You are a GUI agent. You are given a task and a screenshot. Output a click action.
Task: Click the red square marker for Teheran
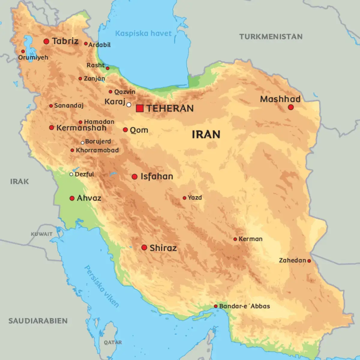(x=139, y=108)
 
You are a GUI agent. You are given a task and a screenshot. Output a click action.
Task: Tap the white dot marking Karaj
(x=129, y=105)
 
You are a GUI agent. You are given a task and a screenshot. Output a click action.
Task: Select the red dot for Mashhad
(x=290, y=107)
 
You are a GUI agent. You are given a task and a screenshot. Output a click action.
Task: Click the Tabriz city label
(x=65, y=41)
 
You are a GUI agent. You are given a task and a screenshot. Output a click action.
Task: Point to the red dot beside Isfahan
(x=135, y=177)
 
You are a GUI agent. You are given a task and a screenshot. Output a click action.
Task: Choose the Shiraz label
(x=163, y=248)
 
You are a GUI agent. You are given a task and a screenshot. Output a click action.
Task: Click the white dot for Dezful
(x=71, y=174)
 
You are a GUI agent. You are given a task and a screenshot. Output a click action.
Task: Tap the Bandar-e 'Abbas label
(x=244, y=306)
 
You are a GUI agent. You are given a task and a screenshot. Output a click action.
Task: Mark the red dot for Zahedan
(x=309, y=261)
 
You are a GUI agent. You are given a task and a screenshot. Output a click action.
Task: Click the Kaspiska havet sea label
(x=143, y=33)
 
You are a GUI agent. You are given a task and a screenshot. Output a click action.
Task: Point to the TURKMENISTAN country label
(x=271, y=37)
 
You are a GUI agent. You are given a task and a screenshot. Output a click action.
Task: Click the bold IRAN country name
(x=206, y=134)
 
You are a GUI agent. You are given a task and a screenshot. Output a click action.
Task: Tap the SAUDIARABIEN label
(x=38, y=321)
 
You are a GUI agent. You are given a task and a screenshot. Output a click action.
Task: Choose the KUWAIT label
(x=42, y=234)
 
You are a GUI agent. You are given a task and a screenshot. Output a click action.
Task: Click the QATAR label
(x=113, y=342)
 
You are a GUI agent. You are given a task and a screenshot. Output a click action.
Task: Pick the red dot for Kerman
(x=235, y=239)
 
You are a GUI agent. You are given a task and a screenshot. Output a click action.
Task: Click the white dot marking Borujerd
(x=82, y=143)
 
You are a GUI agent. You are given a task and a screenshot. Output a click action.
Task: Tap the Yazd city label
(x=195, y=197)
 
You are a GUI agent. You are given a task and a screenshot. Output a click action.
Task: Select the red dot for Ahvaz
(x=72, y=198)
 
